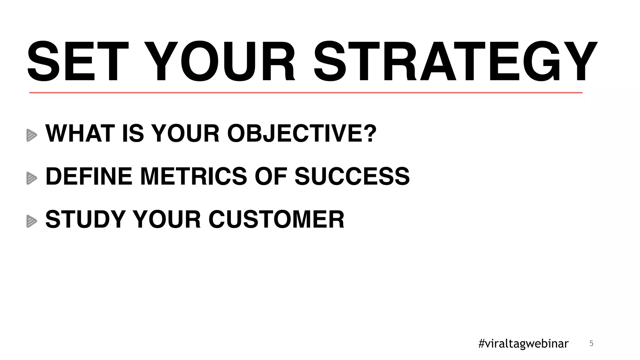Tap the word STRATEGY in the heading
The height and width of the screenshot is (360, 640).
click(455, 62)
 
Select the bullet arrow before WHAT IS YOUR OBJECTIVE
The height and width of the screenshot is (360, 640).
click(32, 135)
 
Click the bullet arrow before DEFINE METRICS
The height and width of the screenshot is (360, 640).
click(32, 178)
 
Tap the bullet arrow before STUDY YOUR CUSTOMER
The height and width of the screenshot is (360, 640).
click(32, 221)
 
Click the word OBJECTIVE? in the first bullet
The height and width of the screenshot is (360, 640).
click(302, 133)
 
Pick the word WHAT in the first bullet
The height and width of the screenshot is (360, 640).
click(80, 133)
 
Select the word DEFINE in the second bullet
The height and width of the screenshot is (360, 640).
click(89, 177)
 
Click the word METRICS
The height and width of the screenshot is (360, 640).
click(193, 177)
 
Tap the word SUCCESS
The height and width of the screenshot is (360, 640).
click(352, 177)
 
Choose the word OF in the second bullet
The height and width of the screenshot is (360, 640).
click(271, 177)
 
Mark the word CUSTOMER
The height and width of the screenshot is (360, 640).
click(276, 220)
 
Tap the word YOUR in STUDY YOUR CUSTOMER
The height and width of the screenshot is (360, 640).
click(167, 220)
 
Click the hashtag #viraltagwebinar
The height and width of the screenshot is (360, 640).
click(523, 344)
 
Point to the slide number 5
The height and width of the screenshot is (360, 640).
click(591, 344)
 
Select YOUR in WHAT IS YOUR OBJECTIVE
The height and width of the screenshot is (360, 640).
click(185, 133)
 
